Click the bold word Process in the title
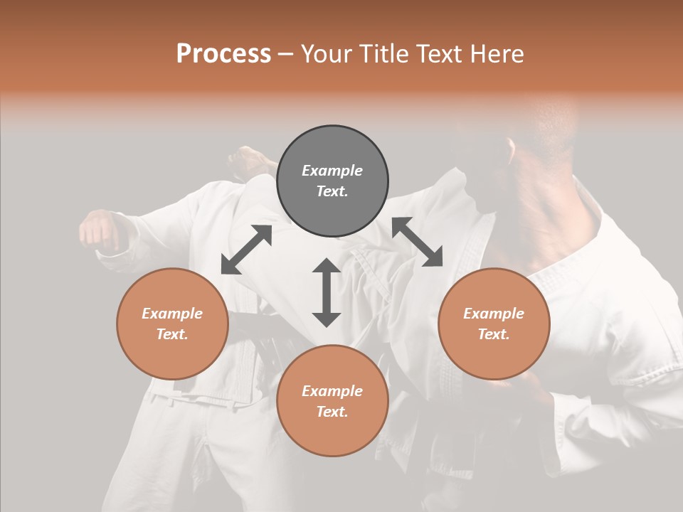223,53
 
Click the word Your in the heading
326,53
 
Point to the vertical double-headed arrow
327,292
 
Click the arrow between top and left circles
246,250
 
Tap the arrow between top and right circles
417,242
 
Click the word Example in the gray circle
332,171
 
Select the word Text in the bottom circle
331,412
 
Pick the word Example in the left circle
172,314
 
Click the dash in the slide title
286,54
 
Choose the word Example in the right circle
494,314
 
